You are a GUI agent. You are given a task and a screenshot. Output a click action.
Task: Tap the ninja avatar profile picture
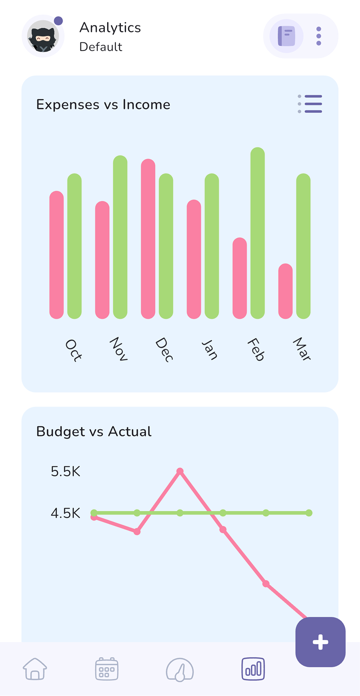[x=43, y=37]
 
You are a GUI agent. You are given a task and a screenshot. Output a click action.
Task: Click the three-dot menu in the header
[x=319, y=36]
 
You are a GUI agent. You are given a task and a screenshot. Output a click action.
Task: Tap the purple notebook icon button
[x=287, y=36]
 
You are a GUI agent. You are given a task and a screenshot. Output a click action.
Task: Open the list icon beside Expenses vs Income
[x=310, y=104]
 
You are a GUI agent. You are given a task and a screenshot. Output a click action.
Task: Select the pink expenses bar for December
[x=148, y=239]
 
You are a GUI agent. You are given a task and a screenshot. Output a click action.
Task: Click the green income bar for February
[x=257, y=233]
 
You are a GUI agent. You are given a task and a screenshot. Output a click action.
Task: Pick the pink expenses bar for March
[x=285, y=291]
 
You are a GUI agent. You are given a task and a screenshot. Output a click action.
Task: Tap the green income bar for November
[x=120, y=237]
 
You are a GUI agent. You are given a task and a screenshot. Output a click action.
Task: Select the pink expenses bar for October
[x=57, y=255]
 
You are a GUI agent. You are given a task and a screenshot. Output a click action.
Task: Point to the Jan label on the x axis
[x=210, y=349]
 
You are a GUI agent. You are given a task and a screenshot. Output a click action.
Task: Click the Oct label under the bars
[x=73, y=350]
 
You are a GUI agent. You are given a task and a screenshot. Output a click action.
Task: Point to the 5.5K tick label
[x=66, y=471]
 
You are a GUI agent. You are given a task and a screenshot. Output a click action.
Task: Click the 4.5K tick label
[x=66, y=513]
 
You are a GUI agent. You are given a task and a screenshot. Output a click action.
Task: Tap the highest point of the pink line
[x=180, y=471]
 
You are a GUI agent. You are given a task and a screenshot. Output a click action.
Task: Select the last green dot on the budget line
[x=309, y=513]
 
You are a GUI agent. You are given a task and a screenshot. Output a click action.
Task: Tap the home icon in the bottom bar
[x=35, y=669]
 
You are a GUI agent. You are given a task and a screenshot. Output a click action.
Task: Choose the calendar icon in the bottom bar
[x=107, y=669]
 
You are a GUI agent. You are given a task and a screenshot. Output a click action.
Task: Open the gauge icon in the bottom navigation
[x=180, y=670]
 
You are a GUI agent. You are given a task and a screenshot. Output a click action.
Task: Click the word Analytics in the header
[x=110, y=28]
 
